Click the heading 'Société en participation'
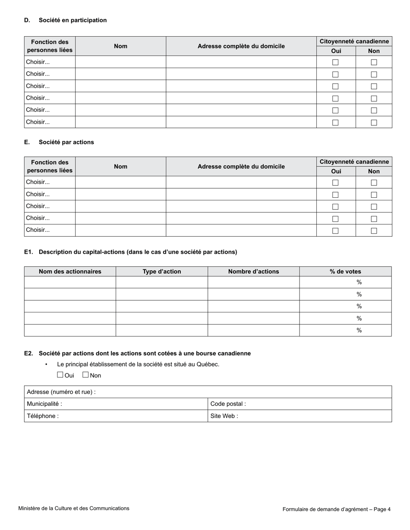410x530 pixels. (73, 20)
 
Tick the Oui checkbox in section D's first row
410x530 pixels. (335, 62)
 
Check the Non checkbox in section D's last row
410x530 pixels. (374, 122)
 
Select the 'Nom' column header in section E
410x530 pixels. (120, 166)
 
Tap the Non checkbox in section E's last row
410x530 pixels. (374, 231)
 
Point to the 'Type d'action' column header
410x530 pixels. (162, 271)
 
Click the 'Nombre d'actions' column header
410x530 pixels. (253, 271)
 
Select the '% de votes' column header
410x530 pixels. (345, 271)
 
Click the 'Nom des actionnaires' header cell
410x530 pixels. (70, 271)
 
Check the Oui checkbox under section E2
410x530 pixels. (60, 375)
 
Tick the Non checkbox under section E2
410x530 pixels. (85, 375)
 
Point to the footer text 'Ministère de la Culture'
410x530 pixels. (74, 508)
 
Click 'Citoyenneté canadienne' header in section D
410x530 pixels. (354, 41)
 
